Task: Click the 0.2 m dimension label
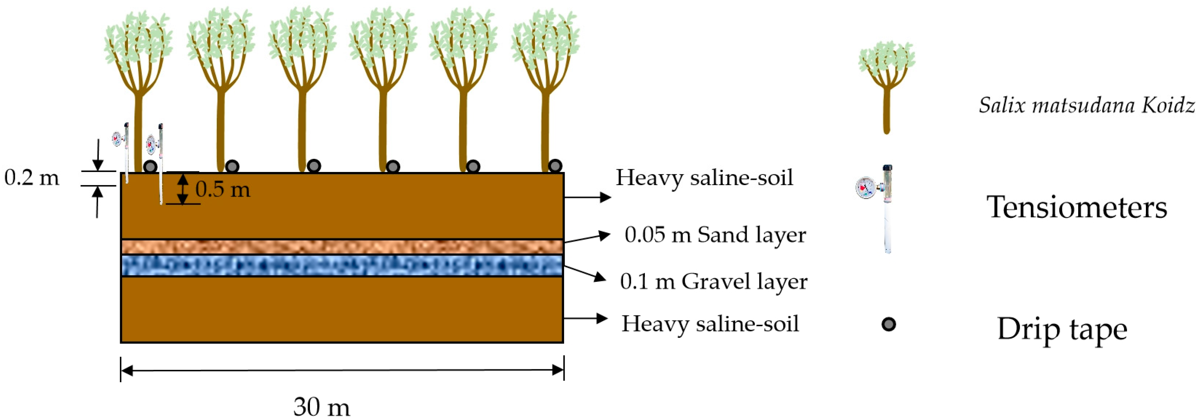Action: [x=32, y=178]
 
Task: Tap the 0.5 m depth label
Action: [x=223, y=189]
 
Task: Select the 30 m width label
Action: [x=321, y=406]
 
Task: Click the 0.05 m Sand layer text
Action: [x=715, y=235]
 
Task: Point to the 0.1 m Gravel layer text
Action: [x=713, y=281]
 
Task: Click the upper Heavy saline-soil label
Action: [x=704, y=178]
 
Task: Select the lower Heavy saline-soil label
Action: [x=710, y=324]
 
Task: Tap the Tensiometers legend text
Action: [x=1077, y=207]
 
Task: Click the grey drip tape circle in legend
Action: [x=888, y=324]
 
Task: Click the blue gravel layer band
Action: [x=342, y=265]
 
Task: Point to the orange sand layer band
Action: [x=342, y=247]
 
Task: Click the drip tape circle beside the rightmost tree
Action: [x=555, y=166]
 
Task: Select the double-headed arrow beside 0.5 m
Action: [x=183, y=188]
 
